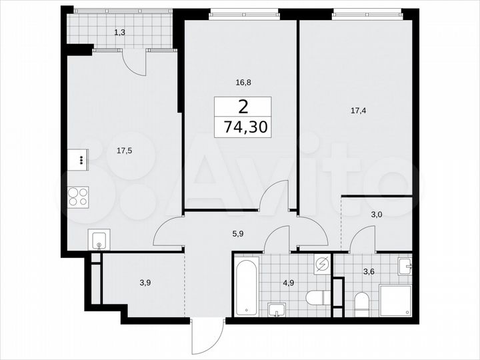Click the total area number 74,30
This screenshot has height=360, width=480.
243,127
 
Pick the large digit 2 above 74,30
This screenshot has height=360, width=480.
243,106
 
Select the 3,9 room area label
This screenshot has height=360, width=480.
145,282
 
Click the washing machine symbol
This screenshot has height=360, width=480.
321,264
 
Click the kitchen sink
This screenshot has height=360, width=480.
99,239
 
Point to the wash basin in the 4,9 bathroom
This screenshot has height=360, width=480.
276,309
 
